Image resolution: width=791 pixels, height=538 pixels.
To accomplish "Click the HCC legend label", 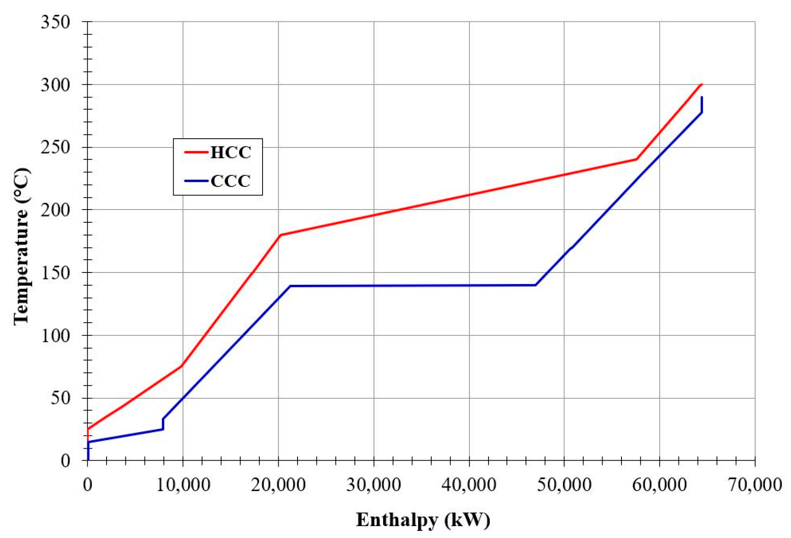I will pos(230,153).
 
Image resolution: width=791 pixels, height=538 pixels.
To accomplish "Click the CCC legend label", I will pos(230,181).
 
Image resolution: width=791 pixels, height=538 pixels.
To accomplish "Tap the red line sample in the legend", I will pos(196,152).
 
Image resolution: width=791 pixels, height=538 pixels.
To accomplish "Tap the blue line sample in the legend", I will pos(196,181).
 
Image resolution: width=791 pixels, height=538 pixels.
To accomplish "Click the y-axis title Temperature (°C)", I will pos(21,246).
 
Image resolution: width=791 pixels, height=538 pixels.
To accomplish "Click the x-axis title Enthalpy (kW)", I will pos(423,520).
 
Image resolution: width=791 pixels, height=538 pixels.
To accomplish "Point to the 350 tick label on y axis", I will pos(56,22).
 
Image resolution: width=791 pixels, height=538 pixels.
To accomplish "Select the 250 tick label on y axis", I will pos(56,147).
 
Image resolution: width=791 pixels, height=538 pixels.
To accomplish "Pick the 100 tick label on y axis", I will pos(56,335).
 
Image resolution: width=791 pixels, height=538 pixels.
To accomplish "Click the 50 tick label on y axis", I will pos(60,398).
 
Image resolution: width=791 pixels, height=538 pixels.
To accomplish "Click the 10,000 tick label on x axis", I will pos(183,484).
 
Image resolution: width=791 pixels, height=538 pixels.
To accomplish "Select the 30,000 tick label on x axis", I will pos(374,484).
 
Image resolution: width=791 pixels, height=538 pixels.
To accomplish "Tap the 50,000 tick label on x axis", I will pos(564,484).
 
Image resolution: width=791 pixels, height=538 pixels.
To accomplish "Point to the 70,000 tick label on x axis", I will pos(755,484).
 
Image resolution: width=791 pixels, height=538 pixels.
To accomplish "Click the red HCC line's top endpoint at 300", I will pos(702,84).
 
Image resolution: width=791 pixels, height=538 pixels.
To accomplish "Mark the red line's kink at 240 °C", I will pos(636,159).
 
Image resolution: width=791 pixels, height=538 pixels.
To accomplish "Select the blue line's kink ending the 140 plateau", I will pos(535,285).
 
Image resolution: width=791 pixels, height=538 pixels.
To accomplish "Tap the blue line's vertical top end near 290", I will pos(702,98).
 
